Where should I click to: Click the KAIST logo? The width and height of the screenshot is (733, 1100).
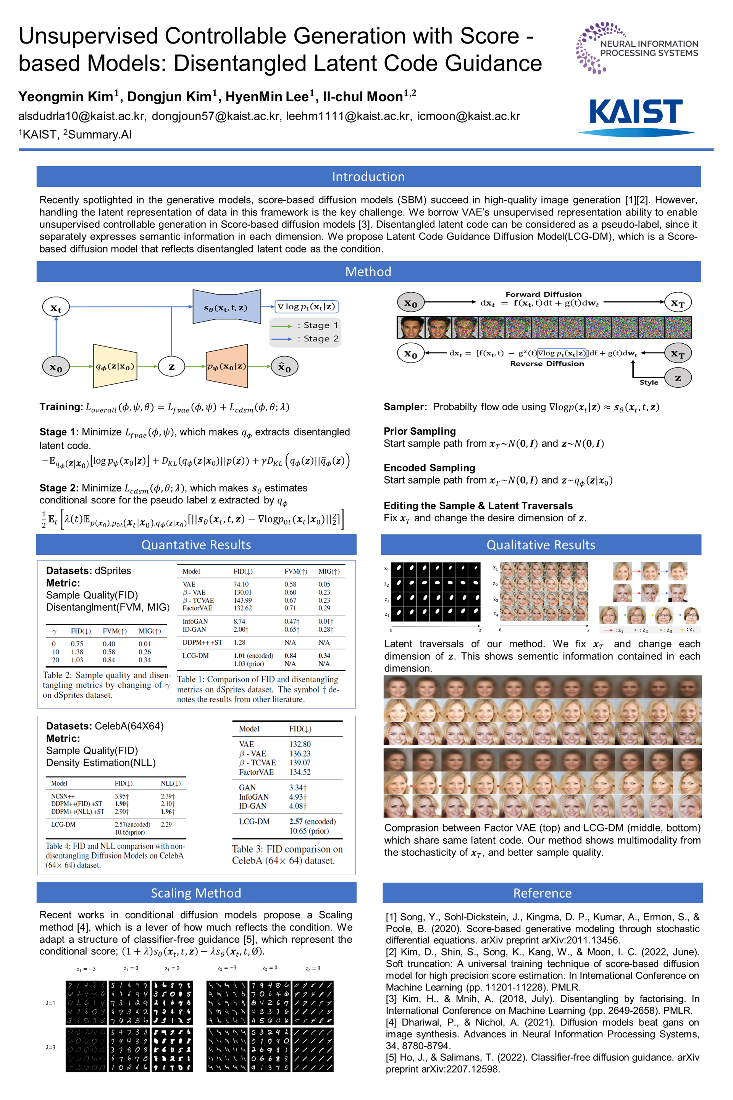pos(636,116)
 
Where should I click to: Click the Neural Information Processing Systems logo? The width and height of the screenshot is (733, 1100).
pos(637,48)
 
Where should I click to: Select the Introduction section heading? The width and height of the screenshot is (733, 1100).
pos(368,177)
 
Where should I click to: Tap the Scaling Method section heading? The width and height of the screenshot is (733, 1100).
pos(196,893)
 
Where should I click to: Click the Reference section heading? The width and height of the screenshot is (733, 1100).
pos(542,893)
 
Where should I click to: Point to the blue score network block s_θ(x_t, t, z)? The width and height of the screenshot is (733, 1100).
pos(226,307)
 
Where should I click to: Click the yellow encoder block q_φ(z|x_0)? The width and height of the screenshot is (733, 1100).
pos(115,366)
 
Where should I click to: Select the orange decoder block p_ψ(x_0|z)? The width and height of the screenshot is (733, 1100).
pos(227,366)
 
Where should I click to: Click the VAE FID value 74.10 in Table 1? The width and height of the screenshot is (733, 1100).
pos(241,584)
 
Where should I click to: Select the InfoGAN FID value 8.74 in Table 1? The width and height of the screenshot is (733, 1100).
pos(239,621)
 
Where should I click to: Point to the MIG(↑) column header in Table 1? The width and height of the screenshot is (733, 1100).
pos(329,571)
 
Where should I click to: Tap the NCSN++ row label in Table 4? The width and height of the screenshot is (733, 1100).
pos(63,796)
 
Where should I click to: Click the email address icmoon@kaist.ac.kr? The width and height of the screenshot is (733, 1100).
pos(468,116)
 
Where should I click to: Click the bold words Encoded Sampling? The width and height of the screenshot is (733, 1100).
pos(429,467)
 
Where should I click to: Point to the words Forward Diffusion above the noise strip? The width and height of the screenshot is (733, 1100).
pos(543,294)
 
